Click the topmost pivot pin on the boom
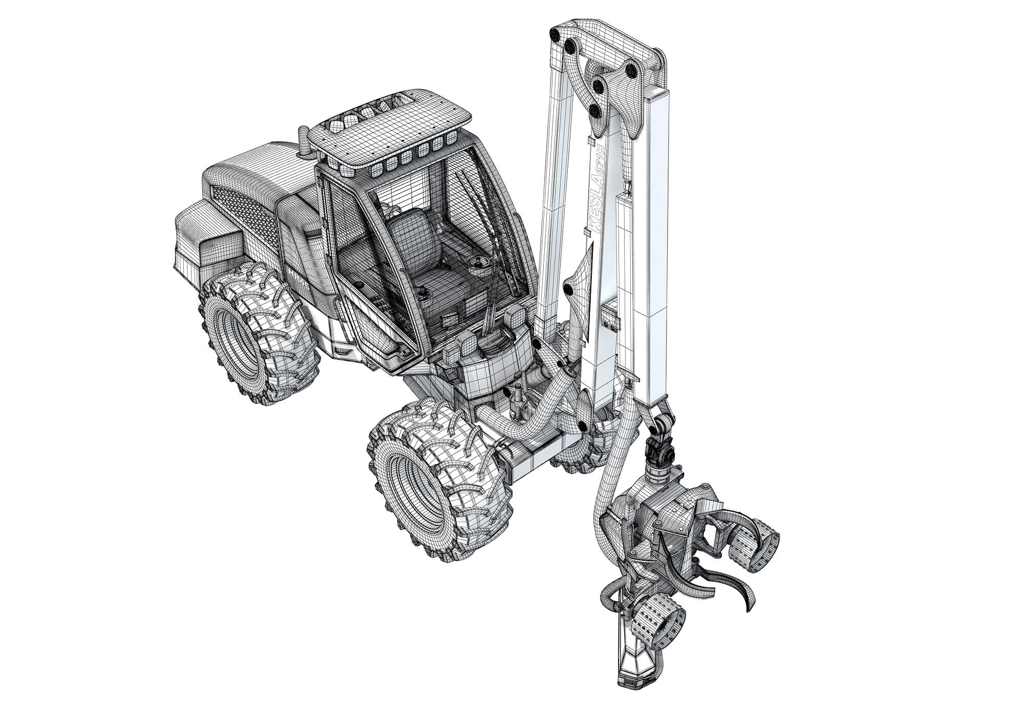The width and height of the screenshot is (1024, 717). pyautogui.click(x=554, y=34)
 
